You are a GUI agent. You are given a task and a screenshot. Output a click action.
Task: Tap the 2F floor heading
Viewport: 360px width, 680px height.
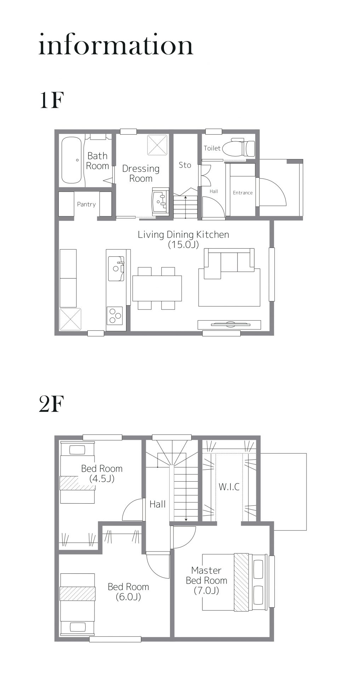[51, 404]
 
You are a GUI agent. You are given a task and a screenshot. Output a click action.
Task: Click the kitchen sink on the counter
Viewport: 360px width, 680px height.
[116, 268]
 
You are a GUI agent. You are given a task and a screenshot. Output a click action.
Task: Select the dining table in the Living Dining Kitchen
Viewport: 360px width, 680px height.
[157, 288]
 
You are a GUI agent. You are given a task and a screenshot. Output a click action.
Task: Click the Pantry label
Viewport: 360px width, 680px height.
[86, 204]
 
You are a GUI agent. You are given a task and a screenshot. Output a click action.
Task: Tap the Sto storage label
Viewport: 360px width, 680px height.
[185, 165]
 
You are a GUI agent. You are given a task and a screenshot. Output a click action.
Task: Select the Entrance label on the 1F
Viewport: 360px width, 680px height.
[243, 193]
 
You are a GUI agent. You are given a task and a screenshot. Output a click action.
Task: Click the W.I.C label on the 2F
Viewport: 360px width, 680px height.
[229, 487]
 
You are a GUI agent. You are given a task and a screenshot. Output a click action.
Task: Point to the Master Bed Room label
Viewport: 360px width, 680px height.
[206, 575]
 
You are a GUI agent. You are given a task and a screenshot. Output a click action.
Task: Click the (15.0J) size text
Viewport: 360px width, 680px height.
[183, 244]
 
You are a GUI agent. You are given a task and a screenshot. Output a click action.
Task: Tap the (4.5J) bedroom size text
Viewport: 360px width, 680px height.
[102, 479]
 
